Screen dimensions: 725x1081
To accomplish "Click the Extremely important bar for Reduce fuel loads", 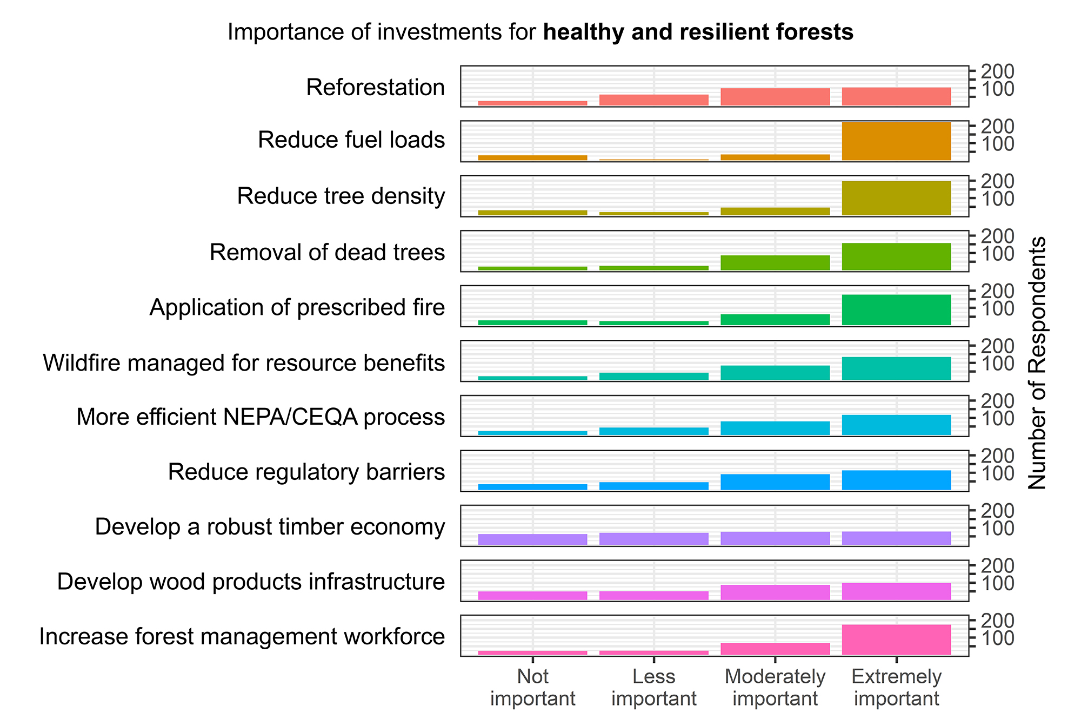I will [896, 141].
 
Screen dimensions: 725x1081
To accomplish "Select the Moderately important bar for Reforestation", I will [775, 97].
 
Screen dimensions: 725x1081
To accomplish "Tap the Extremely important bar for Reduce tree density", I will [896, 198].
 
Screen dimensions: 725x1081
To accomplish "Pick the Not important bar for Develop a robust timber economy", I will [532, 539].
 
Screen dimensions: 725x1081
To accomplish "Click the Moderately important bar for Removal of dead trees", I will [775, 262].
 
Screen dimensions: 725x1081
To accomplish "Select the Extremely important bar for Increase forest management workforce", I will [896, 640].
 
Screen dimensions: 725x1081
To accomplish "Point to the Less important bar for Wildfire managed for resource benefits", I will [653, 376].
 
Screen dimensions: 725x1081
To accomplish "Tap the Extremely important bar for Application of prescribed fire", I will [896, 309].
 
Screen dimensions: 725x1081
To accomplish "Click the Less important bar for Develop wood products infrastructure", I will [653, 595].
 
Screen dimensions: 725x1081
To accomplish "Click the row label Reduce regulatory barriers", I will [306, 472].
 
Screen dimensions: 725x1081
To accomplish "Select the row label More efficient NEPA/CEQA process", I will [261, 417].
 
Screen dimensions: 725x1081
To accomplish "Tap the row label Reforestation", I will [375, 88].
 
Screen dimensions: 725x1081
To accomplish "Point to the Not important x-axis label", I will [532, 687].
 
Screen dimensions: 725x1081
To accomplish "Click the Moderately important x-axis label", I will [775, 687].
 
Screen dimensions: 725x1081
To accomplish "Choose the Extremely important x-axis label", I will [896, 687].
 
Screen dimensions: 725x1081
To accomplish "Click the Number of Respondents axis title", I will [1037, 362].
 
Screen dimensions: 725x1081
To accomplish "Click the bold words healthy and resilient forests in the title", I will [698, 32].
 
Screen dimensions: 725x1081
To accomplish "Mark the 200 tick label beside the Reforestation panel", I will [997, 71].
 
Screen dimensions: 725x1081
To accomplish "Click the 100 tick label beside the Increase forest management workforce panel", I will [997, 638].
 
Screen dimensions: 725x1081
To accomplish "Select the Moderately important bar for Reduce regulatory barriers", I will [775, 482].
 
